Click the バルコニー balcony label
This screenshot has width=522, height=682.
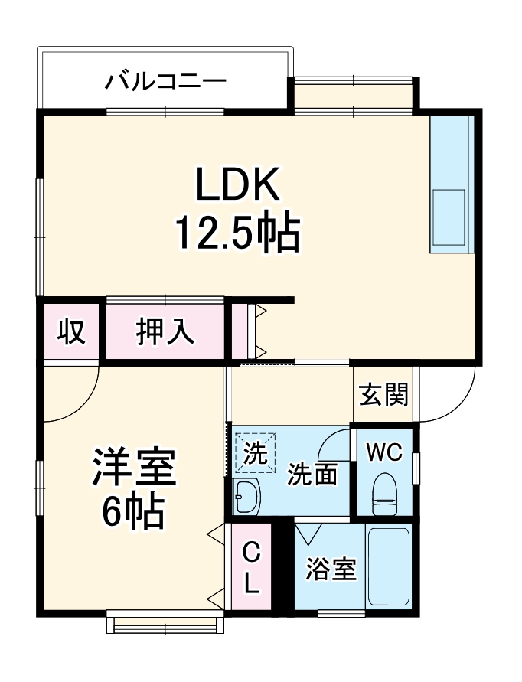click(165, 79)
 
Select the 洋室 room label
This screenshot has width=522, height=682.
click(135, 468)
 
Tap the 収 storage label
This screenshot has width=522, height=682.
click(71, 332)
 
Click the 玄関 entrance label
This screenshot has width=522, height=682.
click(383, 395)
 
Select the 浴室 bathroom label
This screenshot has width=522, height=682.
click(331, 569)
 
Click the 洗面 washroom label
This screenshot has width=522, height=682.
click(312, 475)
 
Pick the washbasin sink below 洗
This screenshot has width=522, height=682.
click(247, 498)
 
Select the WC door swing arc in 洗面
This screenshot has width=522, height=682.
click(331, 444)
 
